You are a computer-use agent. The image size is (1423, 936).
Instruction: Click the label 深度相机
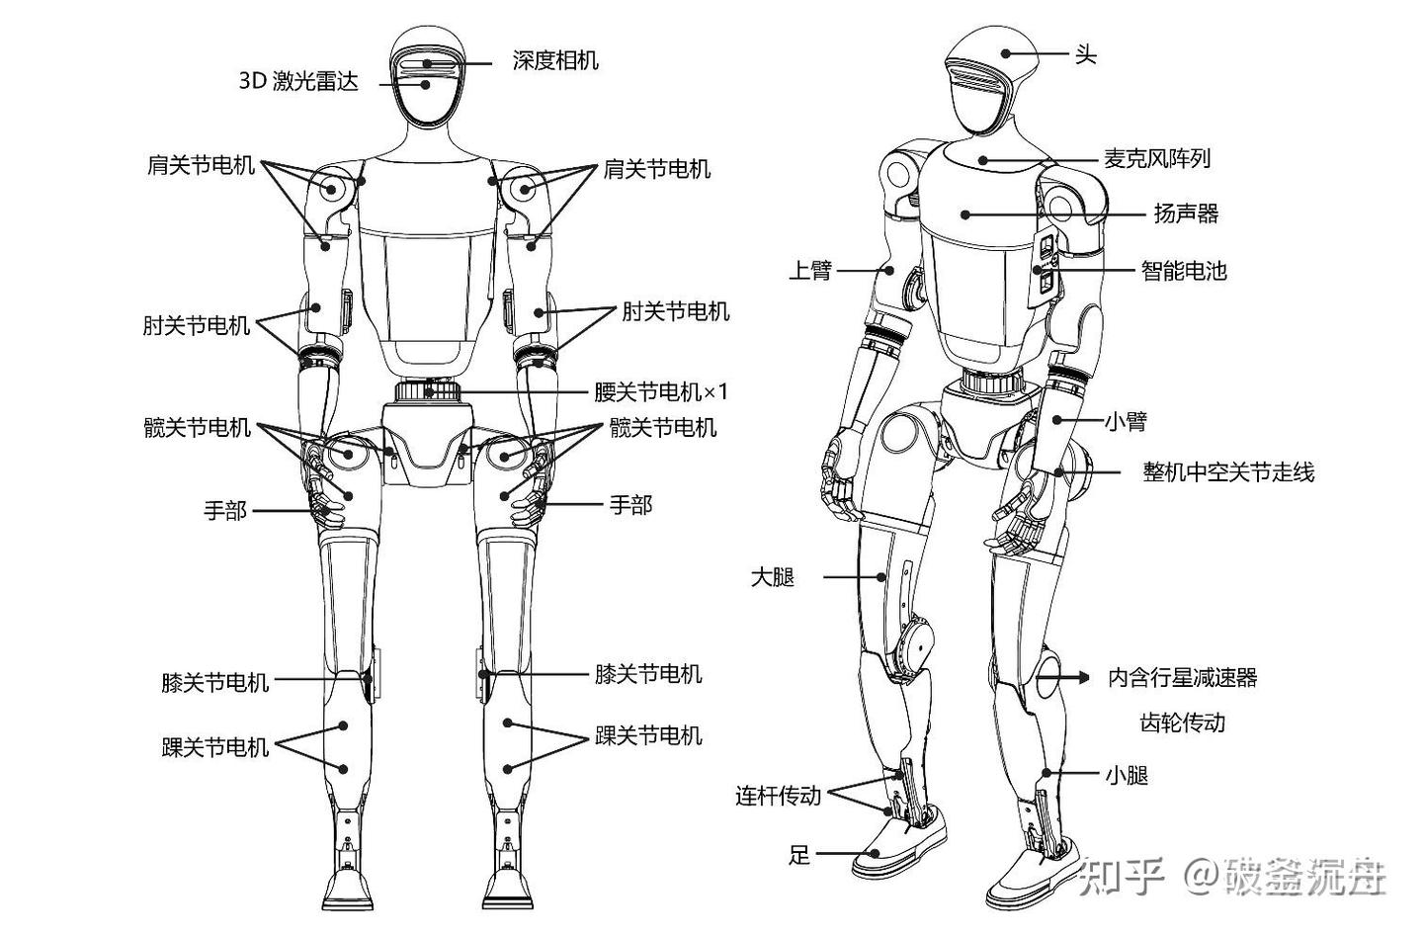tap(555, 60)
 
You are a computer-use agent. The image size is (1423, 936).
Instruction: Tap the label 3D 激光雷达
tap(298, 81)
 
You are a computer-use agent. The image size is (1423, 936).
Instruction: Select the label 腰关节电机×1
tap(661, 392)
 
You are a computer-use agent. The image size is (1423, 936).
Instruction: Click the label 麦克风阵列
tap(1156, 158)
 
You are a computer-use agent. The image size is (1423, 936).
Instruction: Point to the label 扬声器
tap(1186, 213)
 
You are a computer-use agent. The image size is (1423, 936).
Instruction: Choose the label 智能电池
tap(1184, 270)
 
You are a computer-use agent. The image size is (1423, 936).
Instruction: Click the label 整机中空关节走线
tap(1228, 471)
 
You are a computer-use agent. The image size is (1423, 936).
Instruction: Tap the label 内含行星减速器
tap(1182, 678)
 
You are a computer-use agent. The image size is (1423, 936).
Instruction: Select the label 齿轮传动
tap(1182, 723)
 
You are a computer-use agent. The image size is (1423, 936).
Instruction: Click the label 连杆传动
tap(778, 795)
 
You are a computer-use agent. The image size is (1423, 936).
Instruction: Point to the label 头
tap(1085, 54)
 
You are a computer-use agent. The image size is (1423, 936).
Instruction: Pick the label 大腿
tap(773, 577)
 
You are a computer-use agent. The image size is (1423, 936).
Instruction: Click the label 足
tap(798, 854)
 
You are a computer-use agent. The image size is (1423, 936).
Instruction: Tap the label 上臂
tap(810, 270)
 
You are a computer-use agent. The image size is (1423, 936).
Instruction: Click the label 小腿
tap(1127, 775)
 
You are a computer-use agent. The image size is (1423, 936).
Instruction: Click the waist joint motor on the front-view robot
tap(429, 390)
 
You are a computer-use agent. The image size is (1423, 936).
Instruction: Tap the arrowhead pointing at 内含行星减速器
tap(1084, 678)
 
